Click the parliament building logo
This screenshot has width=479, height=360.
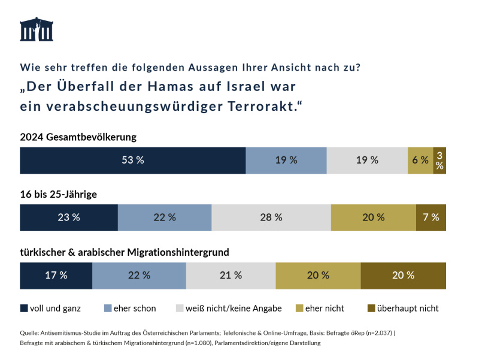[x=37, y=29]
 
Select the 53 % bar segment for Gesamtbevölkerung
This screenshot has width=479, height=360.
[x=132, y=160]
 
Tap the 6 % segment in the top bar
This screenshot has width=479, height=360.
[x=420, y=160]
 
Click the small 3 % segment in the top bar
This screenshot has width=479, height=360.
[x=439, y=160]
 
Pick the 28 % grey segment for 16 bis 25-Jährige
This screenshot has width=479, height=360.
[x=271, y=217]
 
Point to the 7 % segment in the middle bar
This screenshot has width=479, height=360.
[x=431, y=217]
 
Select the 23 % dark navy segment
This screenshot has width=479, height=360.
[x=69, y=217]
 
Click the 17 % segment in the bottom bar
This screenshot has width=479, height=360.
[x=56, y=276]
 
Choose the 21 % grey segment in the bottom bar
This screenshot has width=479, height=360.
[x=231, y=276]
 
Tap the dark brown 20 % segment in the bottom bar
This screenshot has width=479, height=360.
[x=403, y=276]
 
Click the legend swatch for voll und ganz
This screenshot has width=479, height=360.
[x=24, y=308]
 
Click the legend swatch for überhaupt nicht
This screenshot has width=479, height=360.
[x=371, y=308]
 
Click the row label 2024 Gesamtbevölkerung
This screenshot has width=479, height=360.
[x=78, y=137]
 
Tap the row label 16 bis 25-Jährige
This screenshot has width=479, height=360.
[x=59, y=195]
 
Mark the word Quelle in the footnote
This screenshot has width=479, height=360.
[x=30, y=333]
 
